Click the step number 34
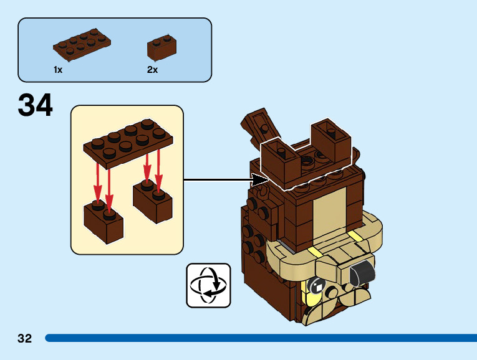(36, 105)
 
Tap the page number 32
(24, 339)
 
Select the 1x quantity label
(58, 70)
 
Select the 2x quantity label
(153, 70)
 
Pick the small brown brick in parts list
(161, 47)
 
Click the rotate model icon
(208, 285)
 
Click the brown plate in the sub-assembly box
(128, 143)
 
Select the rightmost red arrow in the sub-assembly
(158, 168)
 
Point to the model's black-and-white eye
(317, 287)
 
